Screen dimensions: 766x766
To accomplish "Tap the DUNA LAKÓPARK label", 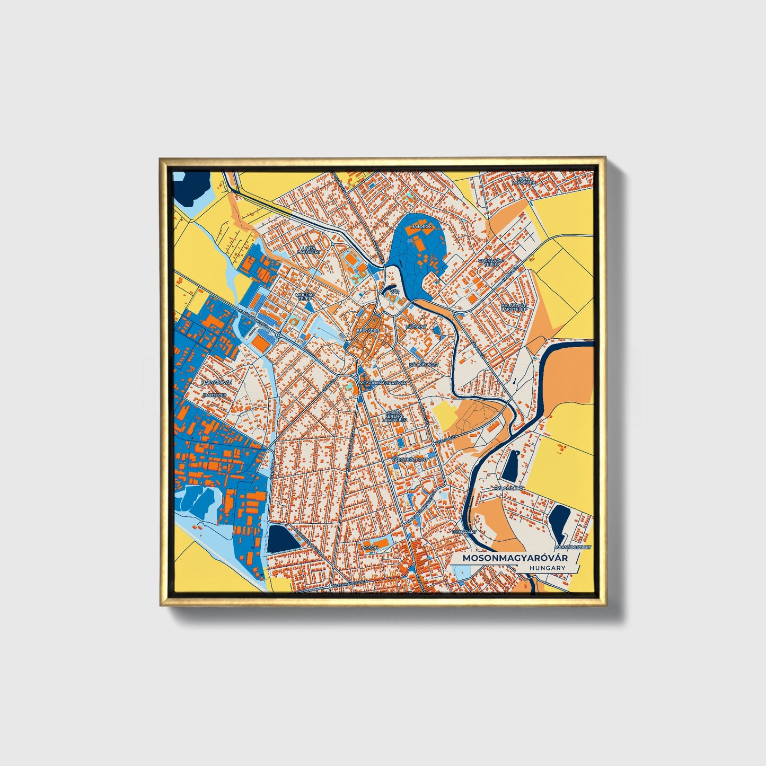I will (524, 181).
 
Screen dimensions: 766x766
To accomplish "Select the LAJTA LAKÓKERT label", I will (309, 250).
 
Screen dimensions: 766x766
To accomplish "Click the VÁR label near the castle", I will (394, 292).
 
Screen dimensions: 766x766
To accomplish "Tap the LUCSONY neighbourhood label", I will (415, 327).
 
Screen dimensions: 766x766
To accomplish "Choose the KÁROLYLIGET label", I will (424, 365).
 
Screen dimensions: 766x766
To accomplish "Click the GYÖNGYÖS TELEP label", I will (489, 262).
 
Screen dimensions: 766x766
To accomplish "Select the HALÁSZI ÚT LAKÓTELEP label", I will (514, 307).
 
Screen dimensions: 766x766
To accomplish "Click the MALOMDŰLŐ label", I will (508, 488).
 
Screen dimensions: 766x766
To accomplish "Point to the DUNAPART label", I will (464, 531).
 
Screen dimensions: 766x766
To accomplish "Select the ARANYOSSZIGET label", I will (573, 547).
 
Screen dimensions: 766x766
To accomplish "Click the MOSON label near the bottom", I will (369, 547).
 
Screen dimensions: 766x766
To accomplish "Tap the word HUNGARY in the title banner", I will (547, 568).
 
